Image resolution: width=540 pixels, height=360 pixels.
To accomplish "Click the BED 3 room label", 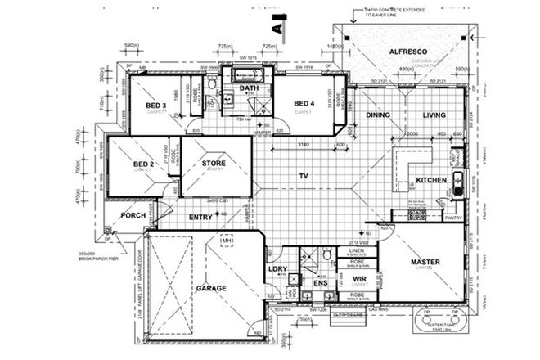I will [x=156, y=106].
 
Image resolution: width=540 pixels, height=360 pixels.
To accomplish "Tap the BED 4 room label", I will [x=304, y=102].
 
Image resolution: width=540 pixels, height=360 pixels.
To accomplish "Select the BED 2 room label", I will [x=144, y=164].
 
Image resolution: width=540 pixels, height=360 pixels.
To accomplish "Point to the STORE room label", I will [x=214, y=164].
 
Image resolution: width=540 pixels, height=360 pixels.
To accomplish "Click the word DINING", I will [x=379, y=115].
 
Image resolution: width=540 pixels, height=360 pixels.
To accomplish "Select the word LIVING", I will [x=434, y=115].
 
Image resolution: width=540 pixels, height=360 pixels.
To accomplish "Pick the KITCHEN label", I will [x=430, y=179].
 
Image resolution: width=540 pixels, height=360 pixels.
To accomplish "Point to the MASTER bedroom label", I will [x=426, y=262].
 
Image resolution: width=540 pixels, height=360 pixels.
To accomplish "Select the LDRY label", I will [x=276, y=269].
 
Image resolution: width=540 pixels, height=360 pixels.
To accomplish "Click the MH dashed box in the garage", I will [x=227, y=241].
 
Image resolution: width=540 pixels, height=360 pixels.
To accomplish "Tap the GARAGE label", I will [x=210, y=289].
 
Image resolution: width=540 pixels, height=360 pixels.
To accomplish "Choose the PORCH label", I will [x=133, y=216].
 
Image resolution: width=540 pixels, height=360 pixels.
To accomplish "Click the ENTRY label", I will [x=200, y=217].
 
